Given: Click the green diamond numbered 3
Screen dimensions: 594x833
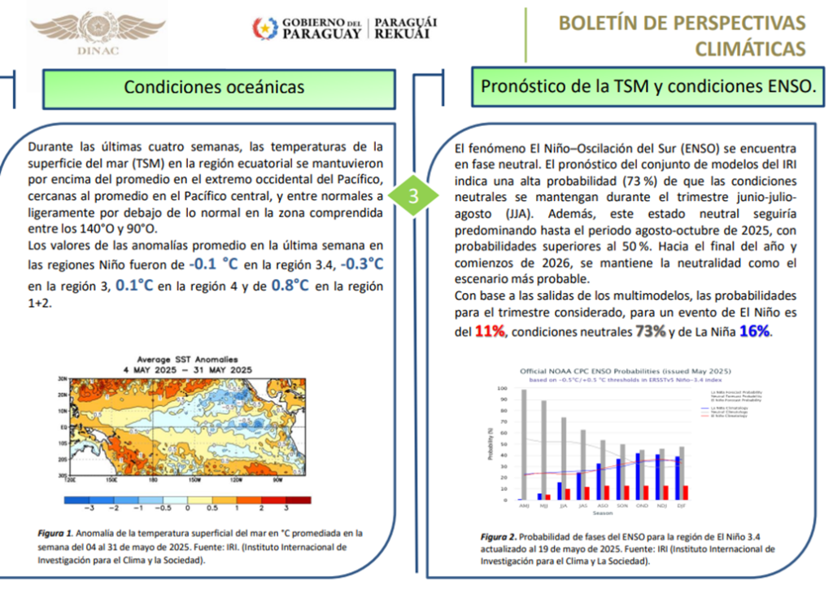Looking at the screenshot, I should pyautogui.click(x=413, y=196).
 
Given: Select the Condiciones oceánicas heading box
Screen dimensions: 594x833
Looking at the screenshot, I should pyautogui.click(x=215, y=87).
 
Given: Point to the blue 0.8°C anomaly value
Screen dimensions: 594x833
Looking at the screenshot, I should pyautogui.click(x=290, y=286).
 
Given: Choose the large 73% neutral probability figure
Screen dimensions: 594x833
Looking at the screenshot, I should pyautogui.click(x=650, y=332).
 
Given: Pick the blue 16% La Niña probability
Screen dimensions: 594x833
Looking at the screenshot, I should pyautogui.click(x=753, y=332).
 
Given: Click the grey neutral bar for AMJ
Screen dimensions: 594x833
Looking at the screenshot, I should pyautogui.click(x=524, y=444).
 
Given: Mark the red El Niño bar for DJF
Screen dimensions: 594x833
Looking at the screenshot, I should pyautogui.click(x=686, y=492).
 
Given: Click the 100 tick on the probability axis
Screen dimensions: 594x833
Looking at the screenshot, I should pyautogui.click(x=502, y=390).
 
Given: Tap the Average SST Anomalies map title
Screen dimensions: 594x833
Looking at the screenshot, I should pyautogui.click(x=186, y=359).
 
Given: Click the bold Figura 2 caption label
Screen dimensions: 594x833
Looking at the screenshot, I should pyautogui.click(x=497, y=538).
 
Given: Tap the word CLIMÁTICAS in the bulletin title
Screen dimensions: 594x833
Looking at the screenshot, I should pyautogui.click(x=750, y=49).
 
